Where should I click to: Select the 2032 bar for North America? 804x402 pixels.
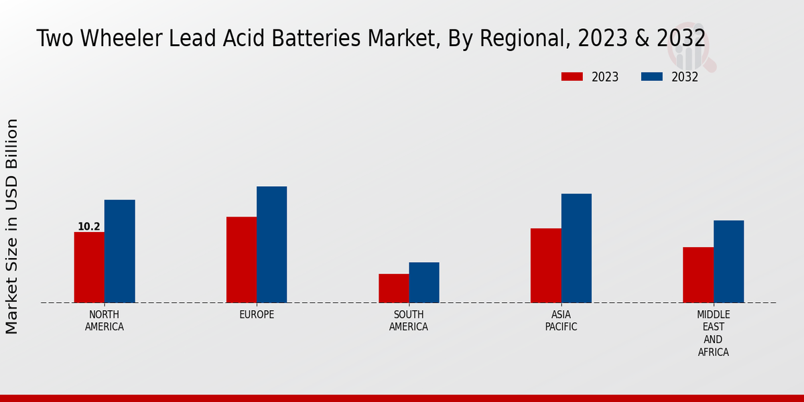tap(119, 251)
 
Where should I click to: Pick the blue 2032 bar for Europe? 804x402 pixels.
tap(271, 245)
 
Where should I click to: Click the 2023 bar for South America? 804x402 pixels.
tap(393, 288)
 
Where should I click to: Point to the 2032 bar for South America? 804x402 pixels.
tap(424, 282)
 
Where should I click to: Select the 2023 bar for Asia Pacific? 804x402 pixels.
tap(545, 265)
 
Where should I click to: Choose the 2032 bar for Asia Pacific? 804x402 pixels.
tap(576, 248)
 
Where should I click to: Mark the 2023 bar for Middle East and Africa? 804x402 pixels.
tap(698, 275)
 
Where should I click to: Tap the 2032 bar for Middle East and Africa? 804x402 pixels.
tap(728, 261)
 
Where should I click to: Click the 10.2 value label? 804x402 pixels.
tap(88, 226)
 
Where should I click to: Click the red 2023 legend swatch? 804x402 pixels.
tap(572, 77)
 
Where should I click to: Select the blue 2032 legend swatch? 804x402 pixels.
tap(651, 77)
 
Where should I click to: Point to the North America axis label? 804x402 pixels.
tap(105, 321)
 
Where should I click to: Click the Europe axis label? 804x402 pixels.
tap(257, 315)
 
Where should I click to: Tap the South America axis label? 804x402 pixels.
tap(409, 321)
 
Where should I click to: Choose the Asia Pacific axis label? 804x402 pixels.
tap(561, 321)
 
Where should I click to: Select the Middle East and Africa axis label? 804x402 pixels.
tap(713, 333)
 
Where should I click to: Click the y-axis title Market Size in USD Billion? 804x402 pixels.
tap(12, 226)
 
